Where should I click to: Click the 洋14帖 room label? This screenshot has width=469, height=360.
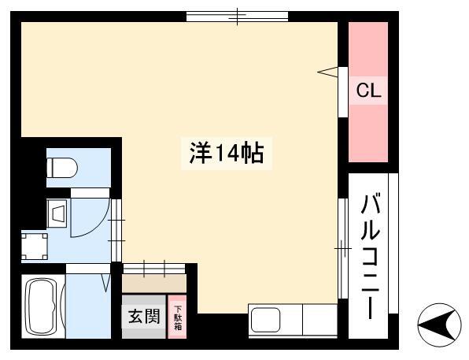pos(227,153)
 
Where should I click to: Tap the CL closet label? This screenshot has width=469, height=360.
pos(368,90)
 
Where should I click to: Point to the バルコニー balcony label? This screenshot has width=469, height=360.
pos(370,257)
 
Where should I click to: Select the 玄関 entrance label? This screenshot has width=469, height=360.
pos(144,316)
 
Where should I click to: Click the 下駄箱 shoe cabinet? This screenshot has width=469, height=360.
pos(178,317)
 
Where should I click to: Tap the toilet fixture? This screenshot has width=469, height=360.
pos(62,168)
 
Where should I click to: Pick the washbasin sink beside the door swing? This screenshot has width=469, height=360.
pos(57,213)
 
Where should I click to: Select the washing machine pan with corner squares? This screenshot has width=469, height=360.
pos(35,247)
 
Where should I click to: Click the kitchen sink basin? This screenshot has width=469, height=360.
pos(265,321)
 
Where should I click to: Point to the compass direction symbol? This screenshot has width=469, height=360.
pos(439,325)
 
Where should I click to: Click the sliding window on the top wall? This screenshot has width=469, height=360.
pos(238,17)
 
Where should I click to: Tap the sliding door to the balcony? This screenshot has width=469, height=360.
pos(343,248)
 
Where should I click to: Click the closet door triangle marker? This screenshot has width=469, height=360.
pos(328,72)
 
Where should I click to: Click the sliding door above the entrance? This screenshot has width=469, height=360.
pos(154,269)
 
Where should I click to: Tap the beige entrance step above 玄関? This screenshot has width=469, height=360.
pos(154,284)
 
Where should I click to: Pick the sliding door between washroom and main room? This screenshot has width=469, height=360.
pos(116,230)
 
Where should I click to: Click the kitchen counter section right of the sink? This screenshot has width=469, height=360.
pos(320,320)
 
